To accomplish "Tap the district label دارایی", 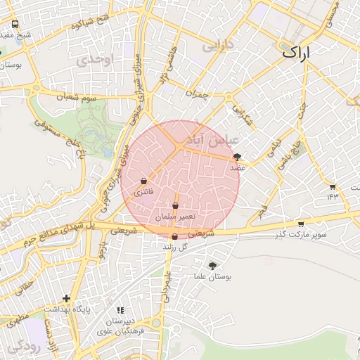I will [217, 46].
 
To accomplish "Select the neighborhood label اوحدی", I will [95, 60].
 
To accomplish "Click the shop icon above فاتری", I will [144, 180].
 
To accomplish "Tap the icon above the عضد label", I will [237, 157].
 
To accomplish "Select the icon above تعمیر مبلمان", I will [175, 205].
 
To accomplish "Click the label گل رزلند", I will [176, 247].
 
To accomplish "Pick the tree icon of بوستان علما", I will [212, 266].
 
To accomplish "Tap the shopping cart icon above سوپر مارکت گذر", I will [301, 224].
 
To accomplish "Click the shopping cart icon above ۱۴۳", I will [333, 186].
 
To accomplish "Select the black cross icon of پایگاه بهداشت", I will [67, 298].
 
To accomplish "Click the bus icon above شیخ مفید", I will [15, 24].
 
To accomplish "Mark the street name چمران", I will [198, 94].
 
